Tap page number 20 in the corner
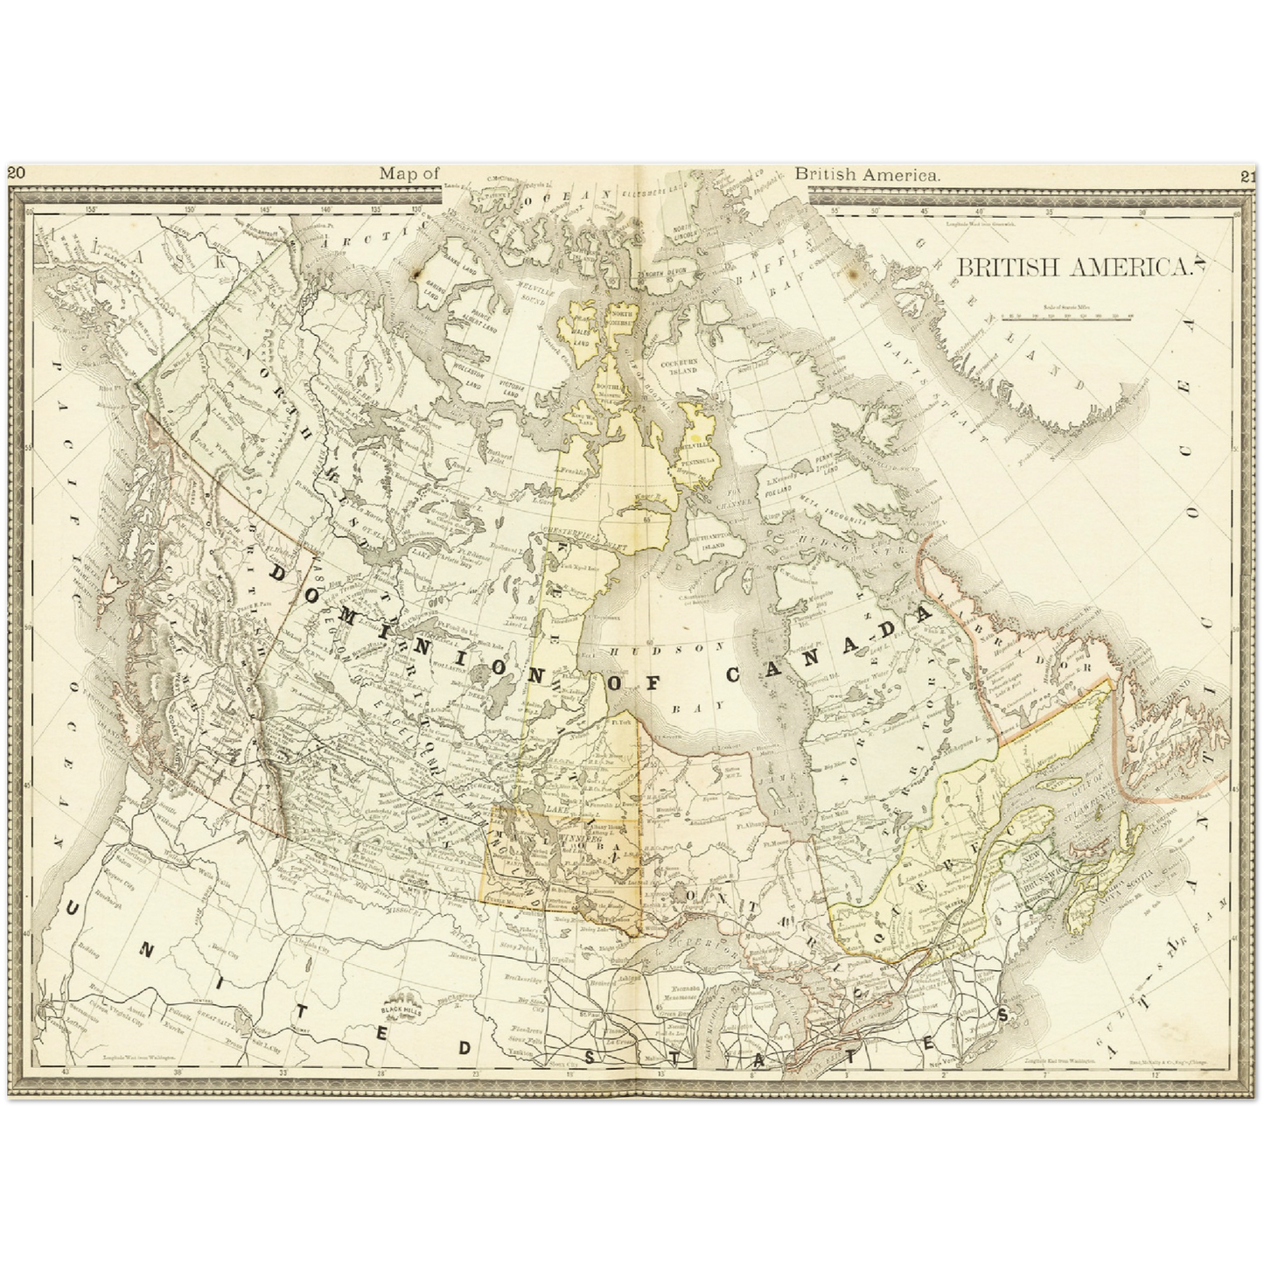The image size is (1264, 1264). pyautogui.click(x=17, y=174)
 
